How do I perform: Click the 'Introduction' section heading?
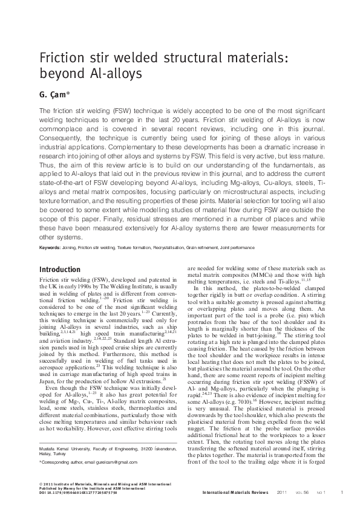[x=59, y=270]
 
